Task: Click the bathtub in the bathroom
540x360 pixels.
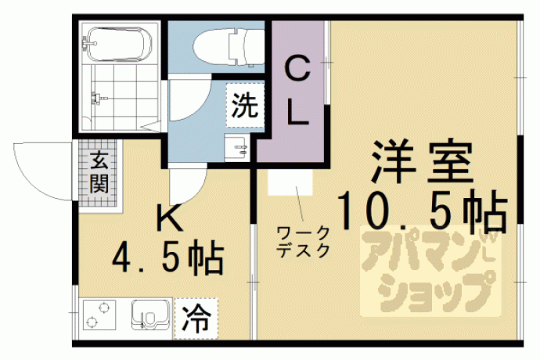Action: click(118, 44)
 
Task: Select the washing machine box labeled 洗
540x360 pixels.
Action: click(245, 105)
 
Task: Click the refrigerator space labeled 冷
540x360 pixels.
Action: click(196, 319)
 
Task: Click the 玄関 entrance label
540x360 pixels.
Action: click(99, 172)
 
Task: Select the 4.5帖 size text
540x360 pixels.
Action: click(168, 257)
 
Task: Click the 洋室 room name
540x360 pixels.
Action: click(422, 162)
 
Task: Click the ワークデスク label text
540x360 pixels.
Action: click(304, 242)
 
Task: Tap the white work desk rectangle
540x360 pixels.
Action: click(290, 182)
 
